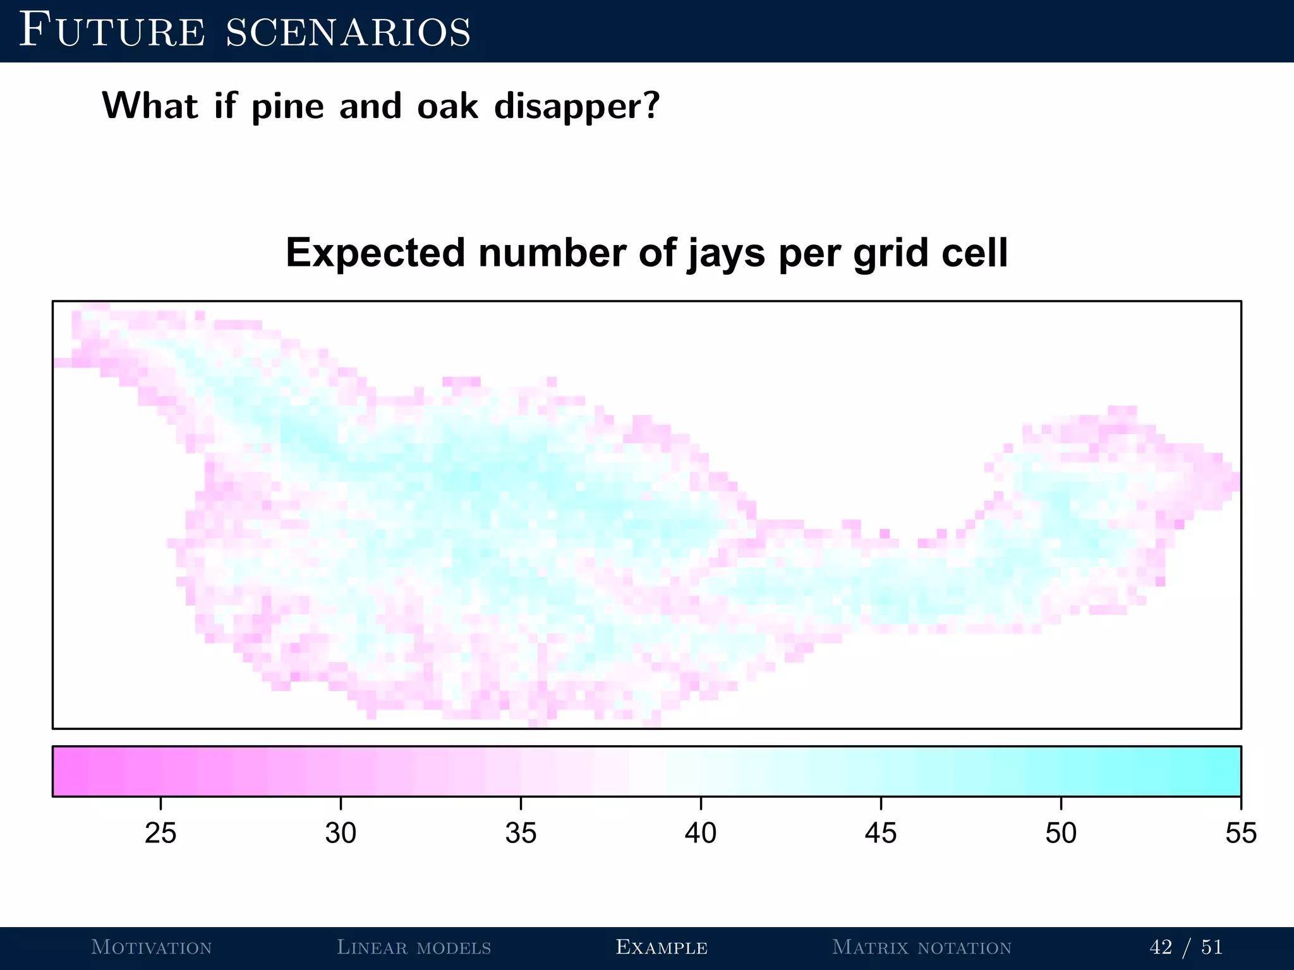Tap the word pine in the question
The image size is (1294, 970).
[x=287, y=107]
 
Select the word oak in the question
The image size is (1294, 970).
[x=447, y=105]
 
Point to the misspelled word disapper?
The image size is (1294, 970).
[x=577, y=107]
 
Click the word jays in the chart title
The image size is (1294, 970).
[x=726, y=254]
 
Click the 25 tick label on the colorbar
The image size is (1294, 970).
[x=160, y=833]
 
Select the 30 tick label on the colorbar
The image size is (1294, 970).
[x=341, y=833]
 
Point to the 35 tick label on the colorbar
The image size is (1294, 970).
[x=521, y=833]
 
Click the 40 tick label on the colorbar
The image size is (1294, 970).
[x=701, y=833]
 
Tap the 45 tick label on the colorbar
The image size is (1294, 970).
[x=881, y=833]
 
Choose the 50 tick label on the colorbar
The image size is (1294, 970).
[x=1061, y=833]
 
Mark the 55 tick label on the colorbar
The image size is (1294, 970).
[x=1241, y=833]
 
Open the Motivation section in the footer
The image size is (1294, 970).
[x=152, y=947]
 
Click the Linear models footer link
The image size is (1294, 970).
[x=414, y=947]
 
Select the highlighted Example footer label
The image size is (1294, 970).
[x=662, y=947]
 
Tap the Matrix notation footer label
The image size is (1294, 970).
[x=922, y=947]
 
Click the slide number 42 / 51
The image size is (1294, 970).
[x=1186, y=947]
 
